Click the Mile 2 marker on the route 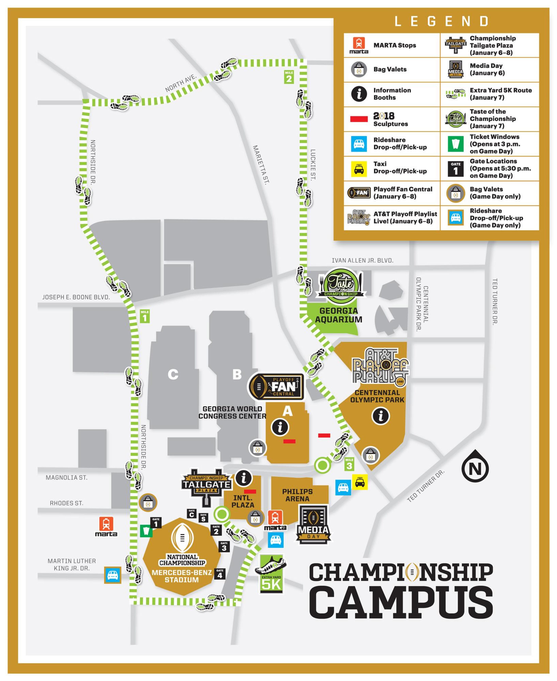click(289, 77)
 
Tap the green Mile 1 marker click(145, 316)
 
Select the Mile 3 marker click(349, 464)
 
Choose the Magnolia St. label click(66, 478)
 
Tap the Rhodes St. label click(66, 503)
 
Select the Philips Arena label click(298, 495)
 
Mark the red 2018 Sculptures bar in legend click(359, 119)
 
